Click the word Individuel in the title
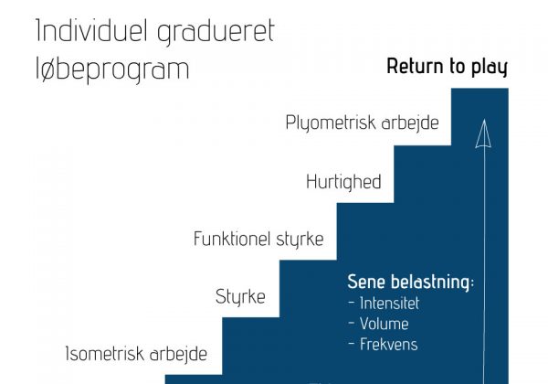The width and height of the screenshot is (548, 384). (92, 31)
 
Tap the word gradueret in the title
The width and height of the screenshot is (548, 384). (216, 33)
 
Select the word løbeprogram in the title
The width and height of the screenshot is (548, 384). (112, 69)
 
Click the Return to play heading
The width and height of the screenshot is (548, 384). (447, 67)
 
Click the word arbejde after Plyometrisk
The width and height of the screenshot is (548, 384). (410, 123)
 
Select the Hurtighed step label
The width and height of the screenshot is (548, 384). (343, 182)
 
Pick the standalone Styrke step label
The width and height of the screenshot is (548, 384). (240, 297)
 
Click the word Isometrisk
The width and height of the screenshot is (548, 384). (104, 354)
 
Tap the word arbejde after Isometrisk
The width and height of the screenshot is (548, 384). (178, 354)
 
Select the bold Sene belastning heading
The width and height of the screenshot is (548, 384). (411, 282)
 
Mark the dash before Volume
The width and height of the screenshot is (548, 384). (352, 324)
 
